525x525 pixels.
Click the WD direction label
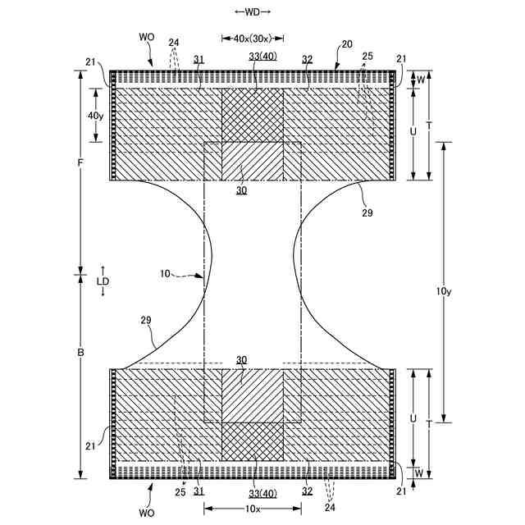pyautogui.click(x=252, y=11)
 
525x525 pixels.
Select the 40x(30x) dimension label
pyautogui.click(x=253, y=39)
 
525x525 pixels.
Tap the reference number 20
pyautogui.click(x=347, y=44)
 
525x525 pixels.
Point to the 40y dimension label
pyautogui.click(x=95, y=116)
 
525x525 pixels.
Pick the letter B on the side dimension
pyautogui.click(x=80, y=353)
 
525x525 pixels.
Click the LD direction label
pyautogui.click(x=103, y=281)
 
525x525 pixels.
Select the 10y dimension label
pyautogui.click(x=443, y=291)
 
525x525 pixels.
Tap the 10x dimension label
pyautogui.click(x=253, y=509)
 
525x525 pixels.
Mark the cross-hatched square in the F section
pyautogui.click(x=253, y=115)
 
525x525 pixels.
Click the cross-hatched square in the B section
pyautogui.click(x=253, y=441)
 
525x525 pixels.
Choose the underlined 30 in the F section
pyautogui.click(x=241, y=190)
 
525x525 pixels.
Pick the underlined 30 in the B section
pyautogui.click(x=241, y=360)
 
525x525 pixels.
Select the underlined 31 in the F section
pyautogui.click(x=198, y=59)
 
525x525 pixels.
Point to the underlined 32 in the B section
pyautogui.click(x=307, y=491)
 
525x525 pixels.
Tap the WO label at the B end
pyautogui.click(x=147, y=512)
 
